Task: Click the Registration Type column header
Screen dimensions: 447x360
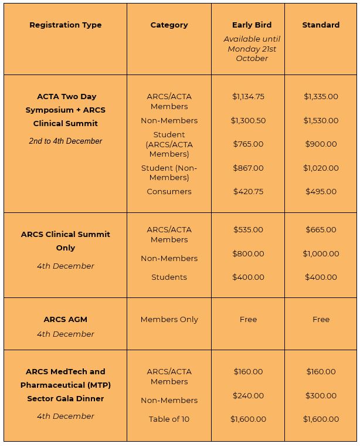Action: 65,25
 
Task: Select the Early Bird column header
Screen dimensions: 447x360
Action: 252,25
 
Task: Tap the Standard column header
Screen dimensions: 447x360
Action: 321,25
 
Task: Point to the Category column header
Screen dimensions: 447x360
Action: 169,25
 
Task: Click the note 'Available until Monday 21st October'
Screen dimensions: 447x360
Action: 252,49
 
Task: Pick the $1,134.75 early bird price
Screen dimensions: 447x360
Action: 248,97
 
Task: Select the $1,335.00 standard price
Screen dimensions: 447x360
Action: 321,97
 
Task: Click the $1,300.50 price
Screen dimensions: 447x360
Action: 248,121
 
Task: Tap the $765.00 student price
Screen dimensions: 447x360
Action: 248,144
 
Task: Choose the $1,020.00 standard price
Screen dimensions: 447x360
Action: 321,168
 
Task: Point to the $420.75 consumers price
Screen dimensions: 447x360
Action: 248,192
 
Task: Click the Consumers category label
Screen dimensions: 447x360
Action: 169,192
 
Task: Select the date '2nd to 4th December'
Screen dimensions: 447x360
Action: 65,141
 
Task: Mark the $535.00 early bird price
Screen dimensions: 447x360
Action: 248,230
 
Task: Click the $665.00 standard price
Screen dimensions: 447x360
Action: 321,230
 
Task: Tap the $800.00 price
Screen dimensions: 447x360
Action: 248,254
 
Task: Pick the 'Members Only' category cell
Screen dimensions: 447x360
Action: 169,320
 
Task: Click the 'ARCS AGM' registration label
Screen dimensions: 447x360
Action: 65,320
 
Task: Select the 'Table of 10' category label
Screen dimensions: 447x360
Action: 169,419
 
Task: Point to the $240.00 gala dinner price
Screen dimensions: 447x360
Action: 248,396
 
